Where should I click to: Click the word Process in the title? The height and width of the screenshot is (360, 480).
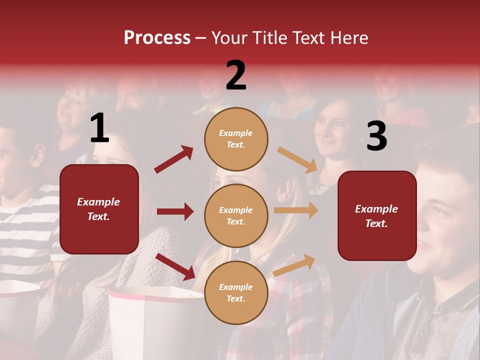pos(157,38)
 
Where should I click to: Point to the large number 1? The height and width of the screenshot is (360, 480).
pos(99,128)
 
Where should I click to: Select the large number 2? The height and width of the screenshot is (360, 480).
pos(236,75)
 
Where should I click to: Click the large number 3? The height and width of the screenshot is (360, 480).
pos(376,136)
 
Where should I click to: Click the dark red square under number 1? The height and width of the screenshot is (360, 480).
pos(99,209)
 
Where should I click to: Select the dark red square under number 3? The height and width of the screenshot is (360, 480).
pos(377,216)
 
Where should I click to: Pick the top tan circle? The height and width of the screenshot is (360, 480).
pos(236,139)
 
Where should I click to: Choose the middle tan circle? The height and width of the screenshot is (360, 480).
pos(236,215)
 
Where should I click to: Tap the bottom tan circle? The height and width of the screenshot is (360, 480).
pos(236,292)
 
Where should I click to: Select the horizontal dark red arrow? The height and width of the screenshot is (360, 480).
pos(175,211)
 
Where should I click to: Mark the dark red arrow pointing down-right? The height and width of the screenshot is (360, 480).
pos(175,266)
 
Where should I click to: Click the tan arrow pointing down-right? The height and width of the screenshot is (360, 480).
pos(297,159)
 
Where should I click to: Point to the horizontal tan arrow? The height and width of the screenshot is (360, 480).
pos(296,210)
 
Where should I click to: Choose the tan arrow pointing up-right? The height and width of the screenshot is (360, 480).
pos(294,265)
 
